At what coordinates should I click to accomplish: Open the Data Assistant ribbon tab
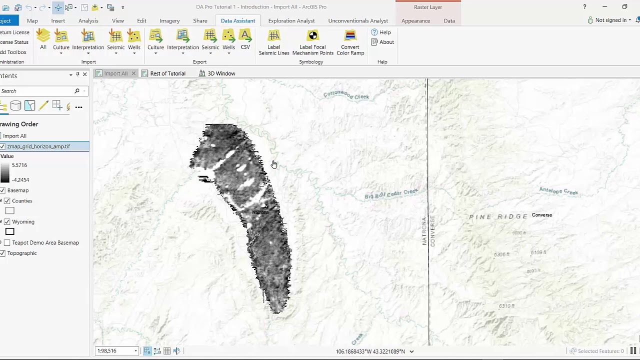coord(237,20)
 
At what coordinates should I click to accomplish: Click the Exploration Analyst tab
coord(291,20)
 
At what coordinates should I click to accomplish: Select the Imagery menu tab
coord(169,20)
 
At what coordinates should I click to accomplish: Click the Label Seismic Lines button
coord(273,42)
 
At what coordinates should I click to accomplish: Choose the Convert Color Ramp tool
coord(350,42)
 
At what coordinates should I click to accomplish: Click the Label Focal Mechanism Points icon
coord(312,42)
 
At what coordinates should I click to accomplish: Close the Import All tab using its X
coord(133,73)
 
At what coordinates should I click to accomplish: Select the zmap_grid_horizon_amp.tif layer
coord(38,146)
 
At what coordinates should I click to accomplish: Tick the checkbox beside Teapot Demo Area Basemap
coord(7,242)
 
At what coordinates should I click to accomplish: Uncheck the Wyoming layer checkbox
coord(7,221)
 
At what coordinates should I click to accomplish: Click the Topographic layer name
coord(22,253)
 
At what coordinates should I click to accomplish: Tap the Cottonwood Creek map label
coord(346,95)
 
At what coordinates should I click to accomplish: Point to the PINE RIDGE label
coord(498,216)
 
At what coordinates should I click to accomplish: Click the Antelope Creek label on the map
coord(558,191)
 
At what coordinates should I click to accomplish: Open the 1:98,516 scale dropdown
coord(135,351)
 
